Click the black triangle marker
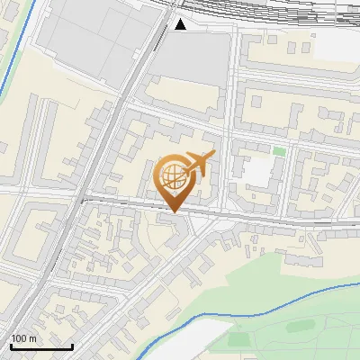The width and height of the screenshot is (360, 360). pos(181,24)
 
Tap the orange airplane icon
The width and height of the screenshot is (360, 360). pos(201,163)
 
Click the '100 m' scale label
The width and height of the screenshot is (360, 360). pos(23,338)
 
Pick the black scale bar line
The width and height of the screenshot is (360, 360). pos(41,346)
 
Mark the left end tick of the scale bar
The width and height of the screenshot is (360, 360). pos(11,346)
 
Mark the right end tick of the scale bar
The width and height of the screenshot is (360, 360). pos(72,346)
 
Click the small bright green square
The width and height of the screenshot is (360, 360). pos(279,151)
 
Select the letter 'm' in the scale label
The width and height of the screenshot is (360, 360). pos(32,338)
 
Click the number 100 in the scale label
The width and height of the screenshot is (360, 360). pos(19,338)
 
